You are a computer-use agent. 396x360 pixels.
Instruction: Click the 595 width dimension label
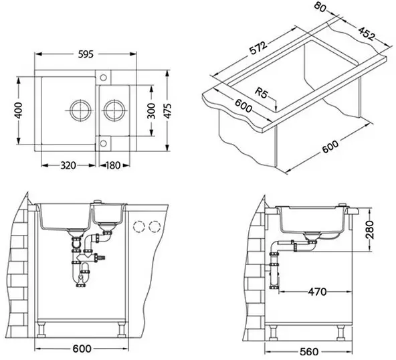tap(86, 54)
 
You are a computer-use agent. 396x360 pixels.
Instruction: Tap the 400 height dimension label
tap(18, 110)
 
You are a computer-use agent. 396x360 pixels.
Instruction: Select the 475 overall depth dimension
tap(167, 110)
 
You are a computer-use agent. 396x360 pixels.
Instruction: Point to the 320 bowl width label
tap(68, 165)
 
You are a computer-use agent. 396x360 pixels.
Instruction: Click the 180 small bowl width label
tap(113, 165)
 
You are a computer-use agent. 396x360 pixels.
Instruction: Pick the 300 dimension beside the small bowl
tap(151, 110)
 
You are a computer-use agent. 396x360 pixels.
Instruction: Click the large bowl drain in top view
tap(80, 110)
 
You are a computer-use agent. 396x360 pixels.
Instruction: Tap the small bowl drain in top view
tap(114, 110)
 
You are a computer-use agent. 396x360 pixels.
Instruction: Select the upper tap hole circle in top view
tap(103, 78)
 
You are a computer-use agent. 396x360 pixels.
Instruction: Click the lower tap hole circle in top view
tap(103, 143)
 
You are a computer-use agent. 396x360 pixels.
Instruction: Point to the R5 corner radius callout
tap(261, 92)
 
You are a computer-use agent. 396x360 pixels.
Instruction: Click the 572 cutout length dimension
tap(258, 48)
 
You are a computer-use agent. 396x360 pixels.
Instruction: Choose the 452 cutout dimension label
tap(366, 33)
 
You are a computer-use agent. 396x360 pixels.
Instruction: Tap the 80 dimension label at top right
tap(320, 7)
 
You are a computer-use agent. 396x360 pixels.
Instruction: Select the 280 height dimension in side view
tap(369, 230)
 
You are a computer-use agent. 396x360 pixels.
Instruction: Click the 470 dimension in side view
tap(317, 292)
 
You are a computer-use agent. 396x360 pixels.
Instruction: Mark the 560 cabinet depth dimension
tap(309, 352)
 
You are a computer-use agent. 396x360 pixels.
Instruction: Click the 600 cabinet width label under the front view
tap(82, 349)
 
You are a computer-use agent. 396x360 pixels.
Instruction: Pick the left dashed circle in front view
tap(138, 227)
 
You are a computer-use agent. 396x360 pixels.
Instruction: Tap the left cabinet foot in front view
tap(41, 330)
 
